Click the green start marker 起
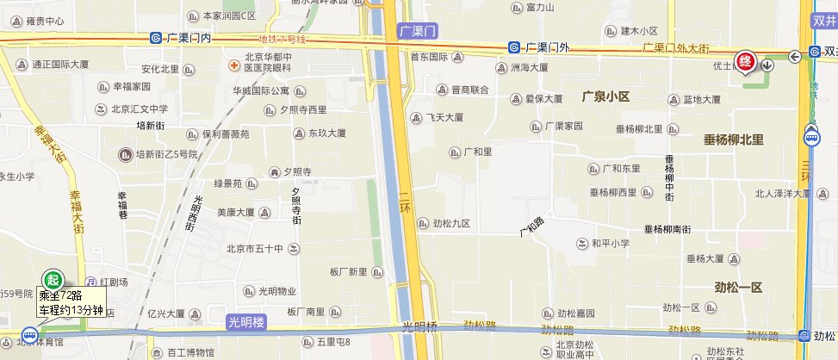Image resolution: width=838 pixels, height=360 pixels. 53,280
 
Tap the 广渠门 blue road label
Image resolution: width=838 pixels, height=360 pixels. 419,31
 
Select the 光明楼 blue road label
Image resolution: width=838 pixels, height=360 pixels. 247,323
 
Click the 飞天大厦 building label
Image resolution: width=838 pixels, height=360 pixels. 445,117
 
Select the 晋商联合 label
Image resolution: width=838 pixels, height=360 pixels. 469,90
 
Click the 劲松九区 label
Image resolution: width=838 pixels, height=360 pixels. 450,224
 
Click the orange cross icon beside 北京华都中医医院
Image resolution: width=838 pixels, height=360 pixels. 233,65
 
